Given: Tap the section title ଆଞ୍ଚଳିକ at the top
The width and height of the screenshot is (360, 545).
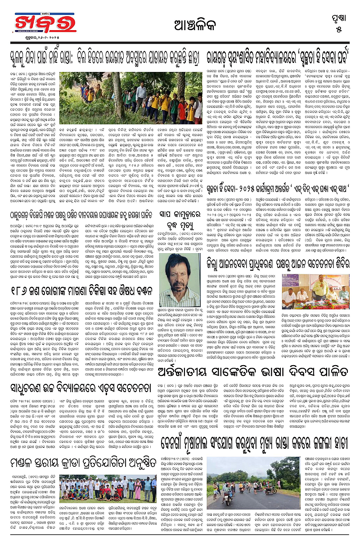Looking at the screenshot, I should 180,24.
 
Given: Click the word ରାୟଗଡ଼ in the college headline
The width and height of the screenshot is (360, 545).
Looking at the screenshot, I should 218,58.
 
